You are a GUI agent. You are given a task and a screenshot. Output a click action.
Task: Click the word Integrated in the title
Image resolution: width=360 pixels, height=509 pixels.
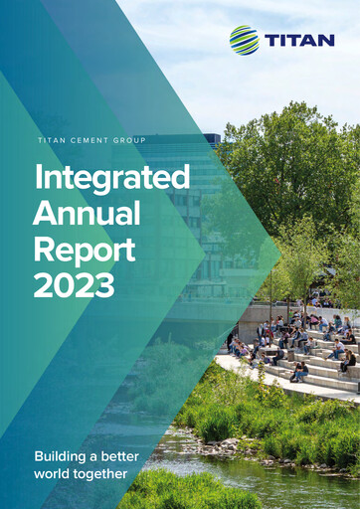point(111,179)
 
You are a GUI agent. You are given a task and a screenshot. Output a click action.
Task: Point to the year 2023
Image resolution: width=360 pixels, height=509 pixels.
point(74,285)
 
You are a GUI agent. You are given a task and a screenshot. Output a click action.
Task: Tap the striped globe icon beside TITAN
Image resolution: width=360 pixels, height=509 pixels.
point(244,41)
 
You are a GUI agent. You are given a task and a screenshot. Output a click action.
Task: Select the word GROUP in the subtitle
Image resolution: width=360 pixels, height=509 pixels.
point(127,141)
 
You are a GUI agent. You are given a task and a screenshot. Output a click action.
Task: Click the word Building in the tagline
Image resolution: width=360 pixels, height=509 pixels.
point(63,456)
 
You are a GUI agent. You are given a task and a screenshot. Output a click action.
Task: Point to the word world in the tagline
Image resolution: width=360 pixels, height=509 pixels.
point(52,473)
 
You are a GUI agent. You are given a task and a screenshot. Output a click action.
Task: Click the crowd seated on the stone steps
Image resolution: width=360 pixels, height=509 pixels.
point(298,343)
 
